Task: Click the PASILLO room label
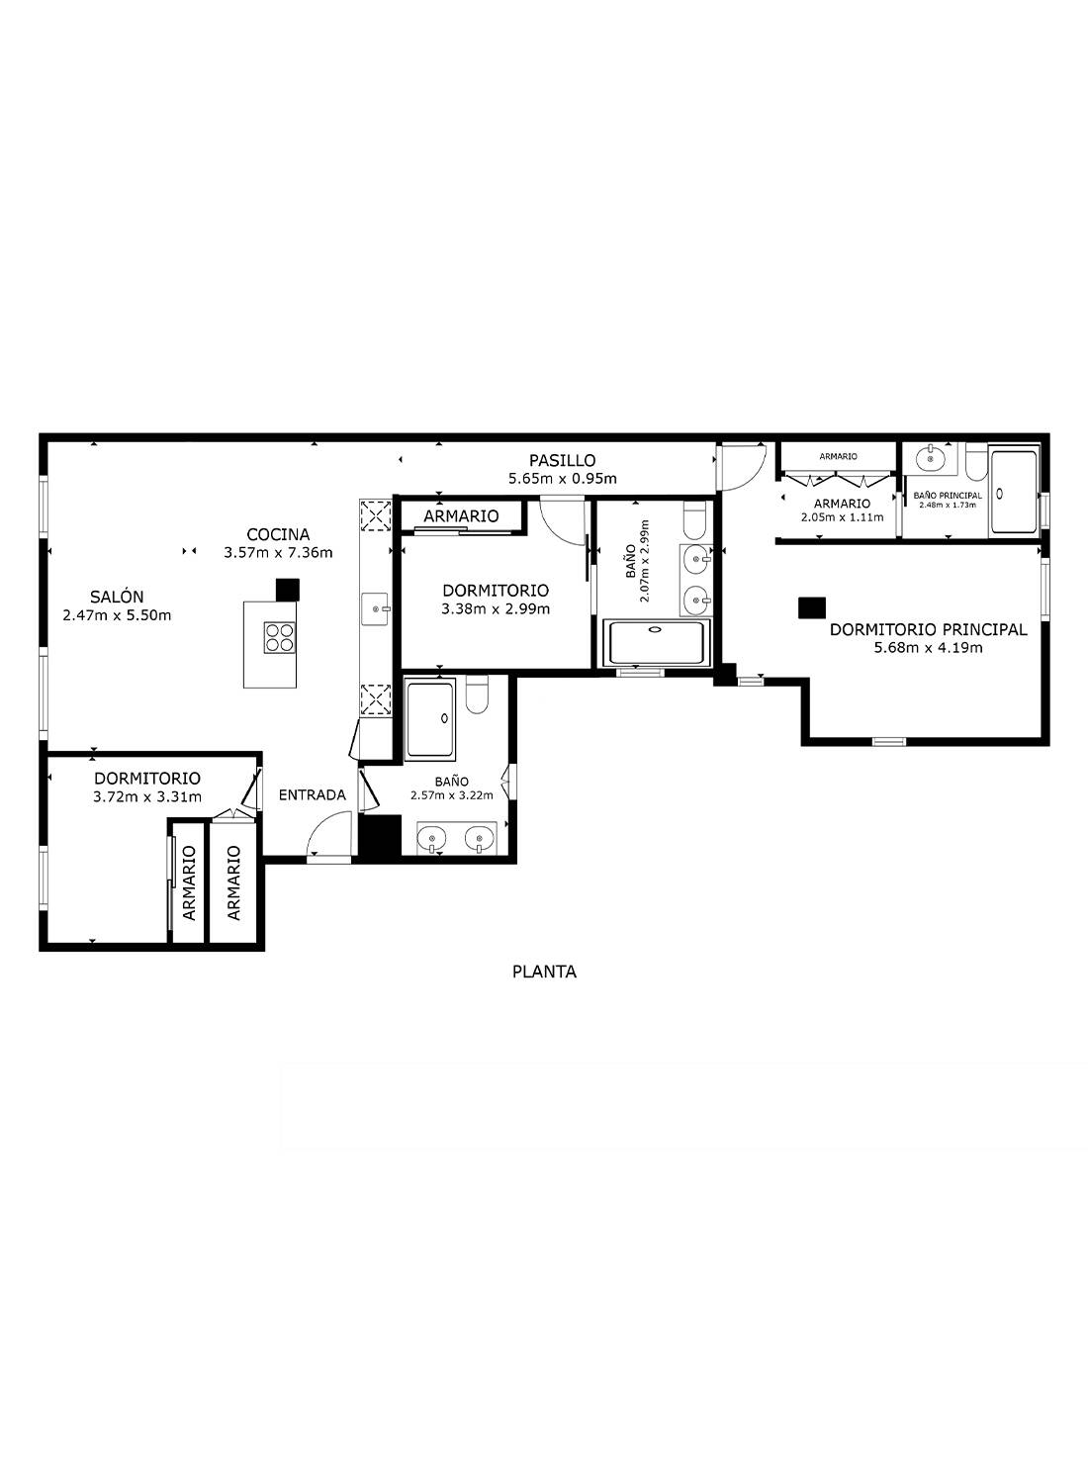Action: tap(562, 460)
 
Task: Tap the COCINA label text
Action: tap(278, 534)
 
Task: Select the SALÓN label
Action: tap(118, 597)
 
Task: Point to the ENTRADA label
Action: tap(312, 795)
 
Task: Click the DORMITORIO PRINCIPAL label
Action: tap(929, 629)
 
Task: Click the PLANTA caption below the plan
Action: tap(544, 972)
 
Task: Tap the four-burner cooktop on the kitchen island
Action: tap(279, 637)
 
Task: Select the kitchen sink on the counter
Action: tap(375, 608)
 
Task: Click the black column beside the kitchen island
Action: tap(288, 590)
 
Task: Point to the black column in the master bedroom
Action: tap(811, 607)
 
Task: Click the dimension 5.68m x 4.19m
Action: tap(929, 647)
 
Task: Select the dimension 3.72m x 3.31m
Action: tap(147, 796)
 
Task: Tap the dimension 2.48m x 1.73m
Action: tap(948, 505)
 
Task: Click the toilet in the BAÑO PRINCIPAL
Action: tap(976, 462)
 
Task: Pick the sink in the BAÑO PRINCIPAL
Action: tap(930, 458)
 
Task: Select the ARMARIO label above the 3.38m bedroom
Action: tap(461, 515)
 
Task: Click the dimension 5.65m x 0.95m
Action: tap(562, 478)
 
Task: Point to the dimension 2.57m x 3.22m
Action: tap(452, 795)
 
